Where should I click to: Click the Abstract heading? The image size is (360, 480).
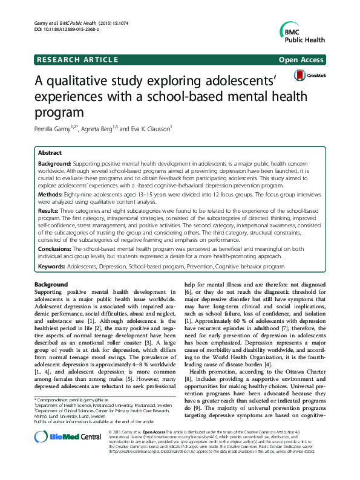[x=50, y=154]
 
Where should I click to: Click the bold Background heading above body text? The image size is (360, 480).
[x=51, y=284]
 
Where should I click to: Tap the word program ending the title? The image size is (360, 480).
[x=59, y=111]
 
